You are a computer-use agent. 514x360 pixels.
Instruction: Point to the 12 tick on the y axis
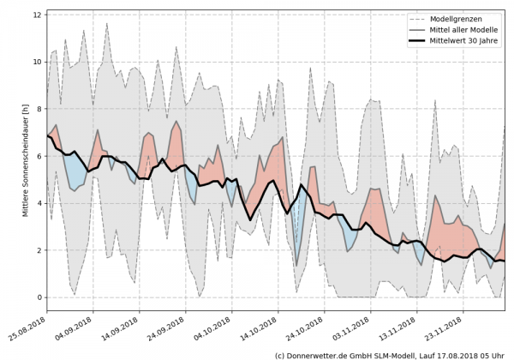coord(38,15)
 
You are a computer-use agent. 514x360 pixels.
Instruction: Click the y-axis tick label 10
coord(38,62)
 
